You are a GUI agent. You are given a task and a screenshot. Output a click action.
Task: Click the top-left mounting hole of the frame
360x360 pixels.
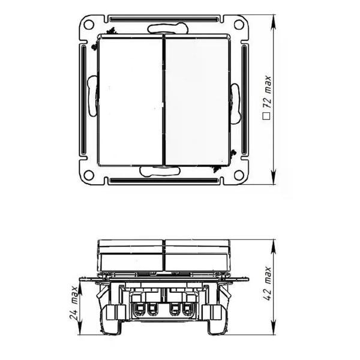pyautogui.click(x=89, y=25)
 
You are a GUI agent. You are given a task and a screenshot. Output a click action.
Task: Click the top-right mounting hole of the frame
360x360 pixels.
pyautogui.click(x=239, y=25)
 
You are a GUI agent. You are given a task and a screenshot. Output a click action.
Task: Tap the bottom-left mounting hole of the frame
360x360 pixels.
pyautogui.click(x=89, y=175)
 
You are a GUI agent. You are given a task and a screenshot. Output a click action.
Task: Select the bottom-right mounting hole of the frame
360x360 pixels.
pyautogui.click(x=239, y=175)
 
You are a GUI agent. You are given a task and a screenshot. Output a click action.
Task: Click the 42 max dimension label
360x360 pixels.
pyautogui.click(x=268, y=284)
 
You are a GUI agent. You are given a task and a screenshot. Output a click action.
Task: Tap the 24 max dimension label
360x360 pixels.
pyautogui.click(x=74, y=302)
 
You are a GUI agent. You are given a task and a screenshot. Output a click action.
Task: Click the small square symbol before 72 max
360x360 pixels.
pyautogui.click(x=267, y=116)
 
